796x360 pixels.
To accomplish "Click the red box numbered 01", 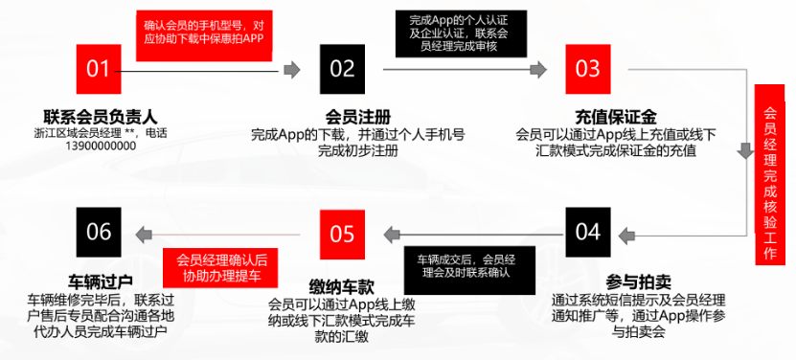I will (x=99, y=69).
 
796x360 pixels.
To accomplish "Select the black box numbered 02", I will (x=342, y=69).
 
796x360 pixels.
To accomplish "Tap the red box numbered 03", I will (x=587, y=69).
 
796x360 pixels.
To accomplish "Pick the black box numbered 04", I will (x=587, y=233).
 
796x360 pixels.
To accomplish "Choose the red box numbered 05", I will (x=342, y=233).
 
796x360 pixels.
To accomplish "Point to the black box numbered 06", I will (x=99, y=233).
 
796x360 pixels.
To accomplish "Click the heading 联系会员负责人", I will (x=99, y=118).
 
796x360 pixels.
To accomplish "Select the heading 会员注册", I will (x=342, y=118).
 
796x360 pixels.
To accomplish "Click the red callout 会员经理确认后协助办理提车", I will (x=220, y=266).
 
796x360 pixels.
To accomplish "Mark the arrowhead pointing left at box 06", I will (x=141, y=233).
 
